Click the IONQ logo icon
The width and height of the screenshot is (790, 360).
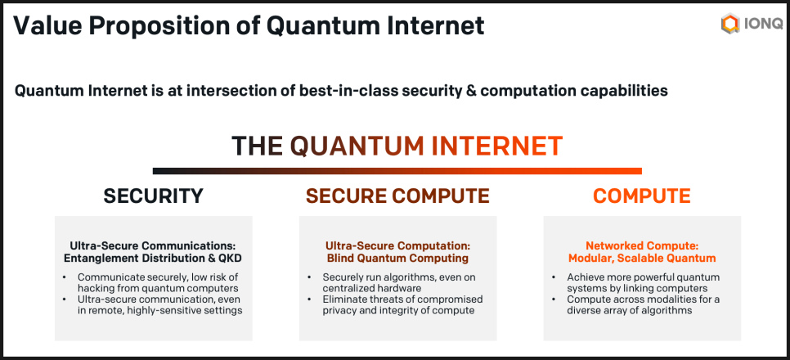click(x=729, y=25)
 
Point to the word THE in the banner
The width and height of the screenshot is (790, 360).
click(x=257, y=146)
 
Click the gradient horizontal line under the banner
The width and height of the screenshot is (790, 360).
click(x=397, y=171)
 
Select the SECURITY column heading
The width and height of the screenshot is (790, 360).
click(x=153, y=196)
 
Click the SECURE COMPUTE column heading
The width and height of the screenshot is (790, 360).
click(x=397, y=196)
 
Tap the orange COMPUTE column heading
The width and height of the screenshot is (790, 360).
click(x=641, y=196)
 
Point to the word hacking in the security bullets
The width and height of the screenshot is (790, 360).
click(x=95, y=288)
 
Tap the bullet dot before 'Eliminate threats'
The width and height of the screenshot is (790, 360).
click(x=310, y=299)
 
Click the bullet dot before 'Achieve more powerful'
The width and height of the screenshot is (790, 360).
click(x=554, y=277)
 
